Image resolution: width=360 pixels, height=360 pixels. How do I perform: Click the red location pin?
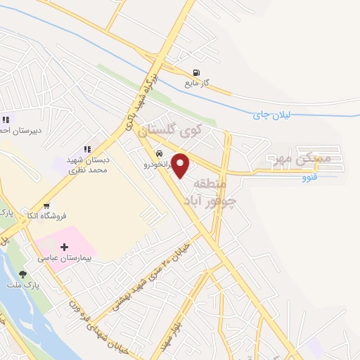(x=181, y=165)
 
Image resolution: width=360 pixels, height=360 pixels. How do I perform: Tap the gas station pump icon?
(x=196, y=72)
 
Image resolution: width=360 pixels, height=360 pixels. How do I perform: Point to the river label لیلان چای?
(x=271, y=115)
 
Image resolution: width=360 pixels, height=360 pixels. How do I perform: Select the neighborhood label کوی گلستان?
(x=170, y=130)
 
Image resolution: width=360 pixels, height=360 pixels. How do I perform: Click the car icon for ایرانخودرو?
(x=159, y=154)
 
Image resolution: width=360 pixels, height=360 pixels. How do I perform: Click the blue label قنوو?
(x=309, y=176)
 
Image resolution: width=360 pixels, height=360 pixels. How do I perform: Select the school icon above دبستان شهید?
(x=88, y=149)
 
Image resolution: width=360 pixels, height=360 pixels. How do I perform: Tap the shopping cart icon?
(x=46, y=207)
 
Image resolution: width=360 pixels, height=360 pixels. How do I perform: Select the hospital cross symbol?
(x=65, y=247)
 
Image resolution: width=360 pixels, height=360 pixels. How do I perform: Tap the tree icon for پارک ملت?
(x=23, y=275)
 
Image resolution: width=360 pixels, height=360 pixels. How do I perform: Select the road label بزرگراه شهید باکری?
(x=141, y=102)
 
